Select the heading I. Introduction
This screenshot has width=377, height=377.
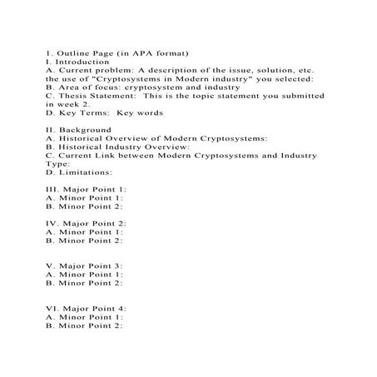[78, 62]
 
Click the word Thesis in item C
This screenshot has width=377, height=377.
[76, 96]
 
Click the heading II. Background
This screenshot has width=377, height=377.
[79, 130]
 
